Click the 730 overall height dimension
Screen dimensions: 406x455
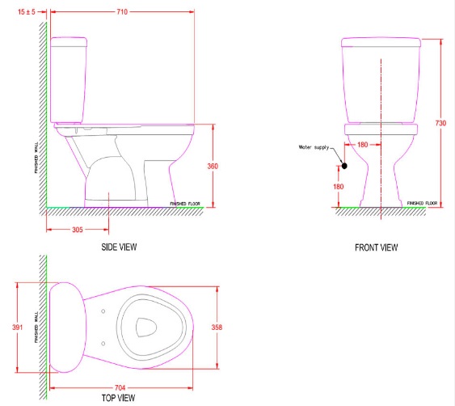pos(440,123)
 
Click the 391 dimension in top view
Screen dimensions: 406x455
pos(19,327)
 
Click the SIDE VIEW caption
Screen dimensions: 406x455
pos(119,247)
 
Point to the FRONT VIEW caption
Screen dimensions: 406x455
pos(376,247)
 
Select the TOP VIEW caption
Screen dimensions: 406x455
pos(119,399)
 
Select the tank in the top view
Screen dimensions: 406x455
pos(66,327)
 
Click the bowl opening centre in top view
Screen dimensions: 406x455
pos(146,327)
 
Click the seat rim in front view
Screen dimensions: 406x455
pos(381,128)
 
